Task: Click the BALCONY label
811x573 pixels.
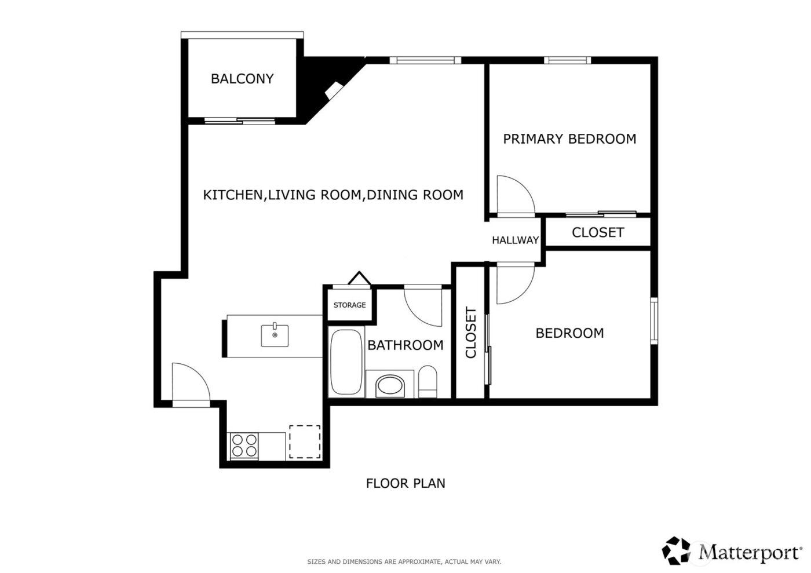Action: point(242,79)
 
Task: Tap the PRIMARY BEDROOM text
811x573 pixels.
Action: point(569,139)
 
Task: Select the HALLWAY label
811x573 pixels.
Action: point(515,240)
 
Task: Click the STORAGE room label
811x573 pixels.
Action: point(349,305)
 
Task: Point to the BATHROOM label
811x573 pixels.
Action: point(405,345)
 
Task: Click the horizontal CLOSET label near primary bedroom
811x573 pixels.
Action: point(597,232)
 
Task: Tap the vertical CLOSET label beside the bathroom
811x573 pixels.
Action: point(470,333)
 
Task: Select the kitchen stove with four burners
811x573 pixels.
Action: point(244,446)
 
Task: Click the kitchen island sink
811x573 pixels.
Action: point(275,335)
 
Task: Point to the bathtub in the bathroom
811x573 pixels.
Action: point(346,362)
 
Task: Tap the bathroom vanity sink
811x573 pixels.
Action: point(390,385)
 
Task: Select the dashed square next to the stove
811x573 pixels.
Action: point(305,442)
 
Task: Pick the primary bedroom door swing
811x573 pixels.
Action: point(514,195)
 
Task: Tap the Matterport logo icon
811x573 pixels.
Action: point(677,550)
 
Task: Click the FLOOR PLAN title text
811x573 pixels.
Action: point(405,483)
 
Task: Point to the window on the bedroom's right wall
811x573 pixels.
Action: point(654,320)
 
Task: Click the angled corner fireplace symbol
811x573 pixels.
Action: point(334,90)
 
